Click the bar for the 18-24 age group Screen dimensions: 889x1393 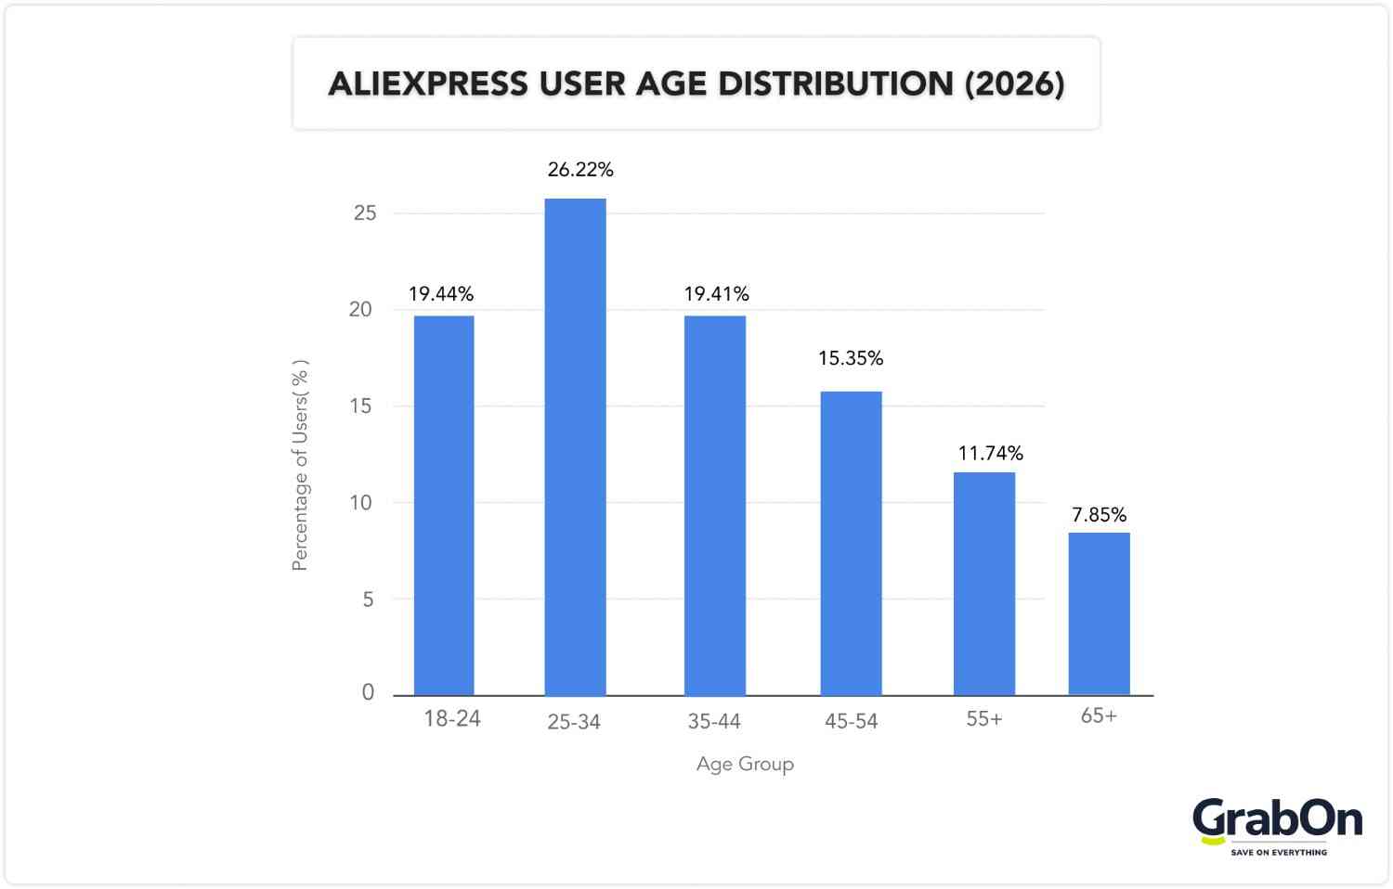point(444,506)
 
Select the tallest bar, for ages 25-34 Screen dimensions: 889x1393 point(575,447)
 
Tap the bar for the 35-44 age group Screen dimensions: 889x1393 point(715,506)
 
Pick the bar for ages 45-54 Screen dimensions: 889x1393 point(851,543)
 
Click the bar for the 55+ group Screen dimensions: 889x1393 point(984,584)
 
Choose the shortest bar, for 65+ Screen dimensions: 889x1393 point(1099,613)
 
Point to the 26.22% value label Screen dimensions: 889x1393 point(580,170)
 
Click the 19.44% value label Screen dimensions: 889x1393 point(441,294)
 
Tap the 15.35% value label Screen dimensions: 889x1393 point(851,358)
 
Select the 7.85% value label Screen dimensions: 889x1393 point(1099,515)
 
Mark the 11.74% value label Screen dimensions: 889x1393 point(990,454)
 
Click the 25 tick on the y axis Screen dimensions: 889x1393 point(365,213)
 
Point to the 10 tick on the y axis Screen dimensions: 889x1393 point(361,503)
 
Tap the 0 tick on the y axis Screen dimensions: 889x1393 point(368,692)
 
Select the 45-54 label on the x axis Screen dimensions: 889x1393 point(851,721)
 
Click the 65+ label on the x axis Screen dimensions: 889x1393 point(1099,715)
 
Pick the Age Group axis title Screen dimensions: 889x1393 point(745,764)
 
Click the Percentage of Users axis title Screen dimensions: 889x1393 point(300,465)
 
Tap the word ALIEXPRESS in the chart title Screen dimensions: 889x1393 point(428,84)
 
